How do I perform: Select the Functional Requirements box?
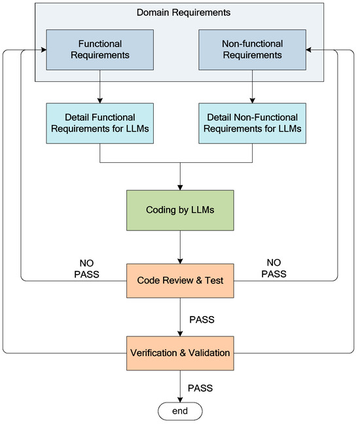click(101, 48)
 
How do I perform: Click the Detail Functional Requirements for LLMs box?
click(101, 122)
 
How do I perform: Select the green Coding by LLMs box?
click(179, 210)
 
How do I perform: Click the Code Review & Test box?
click(179, 280)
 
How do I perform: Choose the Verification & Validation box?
click(179, 352)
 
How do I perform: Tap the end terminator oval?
click(179, 411)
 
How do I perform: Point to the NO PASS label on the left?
click(85, 268)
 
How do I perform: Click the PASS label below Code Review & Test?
click(202, 320)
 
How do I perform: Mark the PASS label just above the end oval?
click(200, 387)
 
